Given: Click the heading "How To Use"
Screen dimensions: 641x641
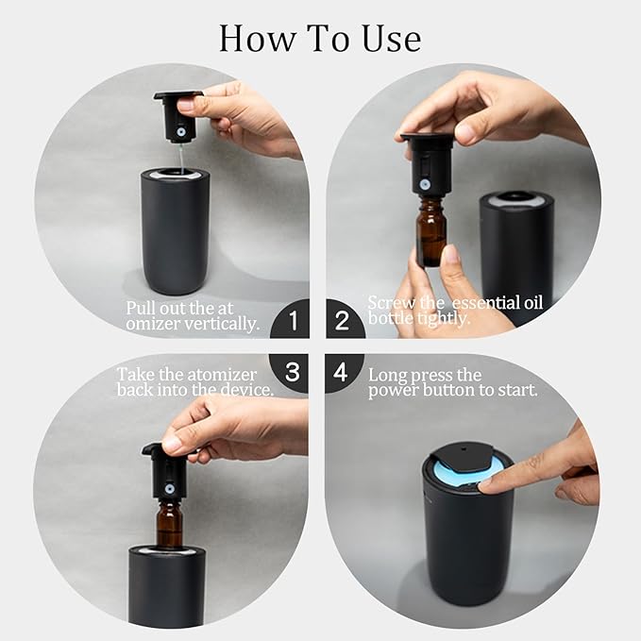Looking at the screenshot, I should coord(320,38).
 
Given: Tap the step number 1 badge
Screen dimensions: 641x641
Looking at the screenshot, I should coord(293,322).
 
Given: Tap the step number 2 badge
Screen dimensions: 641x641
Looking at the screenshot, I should coord(344,322).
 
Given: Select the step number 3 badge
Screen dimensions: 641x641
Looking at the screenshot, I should coord(293,372).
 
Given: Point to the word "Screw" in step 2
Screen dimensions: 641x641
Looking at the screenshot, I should coord(391,303).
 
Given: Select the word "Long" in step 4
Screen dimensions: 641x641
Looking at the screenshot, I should coord(390,375).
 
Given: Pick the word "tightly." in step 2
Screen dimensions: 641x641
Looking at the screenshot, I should coord(444,319).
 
